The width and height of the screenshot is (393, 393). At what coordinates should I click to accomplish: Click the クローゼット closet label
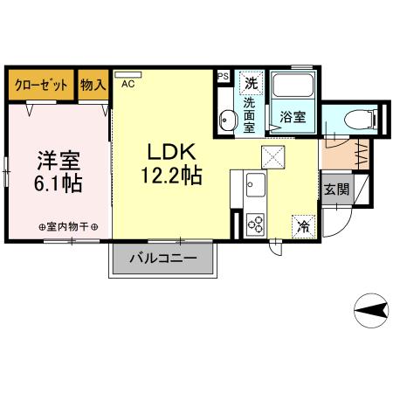coord(41,85)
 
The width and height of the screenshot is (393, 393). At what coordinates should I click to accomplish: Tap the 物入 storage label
coord(93,85)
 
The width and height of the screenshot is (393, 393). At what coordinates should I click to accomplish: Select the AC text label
coord(128,85)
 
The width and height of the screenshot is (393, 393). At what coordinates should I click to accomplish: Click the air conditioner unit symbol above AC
coord(128,75)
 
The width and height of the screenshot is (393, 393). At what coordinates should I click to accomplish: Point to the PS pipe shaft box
coord(222,76)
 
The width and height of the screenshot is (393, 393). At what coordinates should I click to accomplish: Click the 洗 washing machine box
coord(251,84)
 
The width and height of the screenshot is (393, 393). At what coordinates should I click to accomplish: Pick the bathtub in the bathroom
coord(291,86)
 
